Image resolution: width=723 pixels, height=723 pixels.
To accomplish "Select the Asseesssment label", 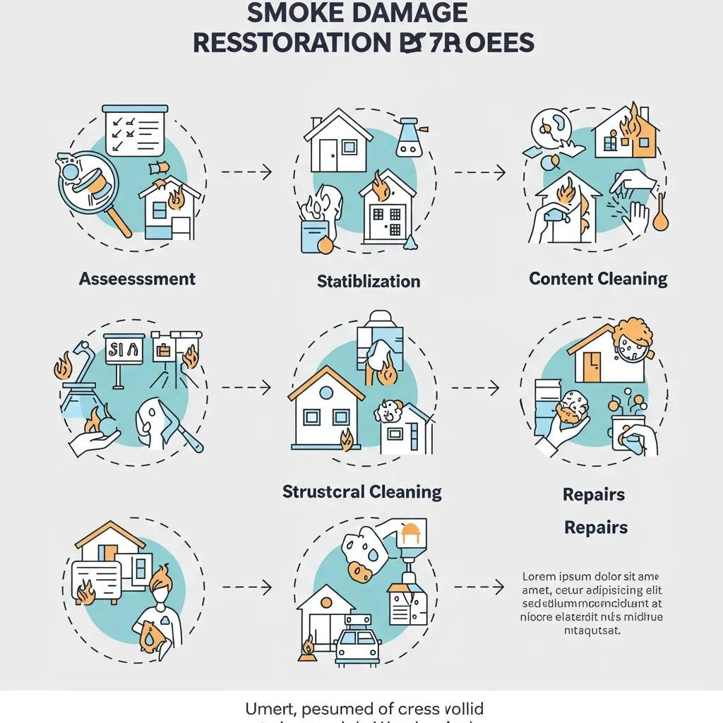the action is pyautogui.click(x=137, y=278).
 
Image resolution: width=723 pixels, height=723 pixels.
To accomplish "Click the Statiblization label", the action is pyautogui.click(x=369, y=281).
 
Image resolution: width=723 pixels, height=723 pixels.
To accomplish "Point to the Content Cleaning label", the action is pyautogui.click(x=598, y=278).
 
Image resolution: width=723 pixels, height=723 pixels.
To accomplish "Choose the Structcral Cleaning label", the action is pyautogui.click(x=361, y=491).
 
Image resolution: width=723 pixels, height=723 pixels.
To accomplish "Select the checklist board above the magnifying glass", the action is pyautogui.click(x=135, y=130).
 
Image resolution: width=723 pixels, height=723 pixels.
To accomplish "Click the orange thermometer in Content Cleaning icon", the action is pyautogui.click(x=661, y=215).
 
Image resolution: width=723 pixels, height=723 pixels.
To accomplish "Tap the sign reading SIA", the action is pyautogui.click(x=124, y=349).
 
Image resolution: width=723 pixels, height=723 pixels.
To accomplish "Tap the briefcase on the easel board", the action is pyautogui.click(x=164, y=349).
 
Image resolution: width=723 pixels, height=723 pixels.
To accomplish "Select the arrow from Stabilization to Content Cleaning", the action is pyautogui.click(x=479, y=172).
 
